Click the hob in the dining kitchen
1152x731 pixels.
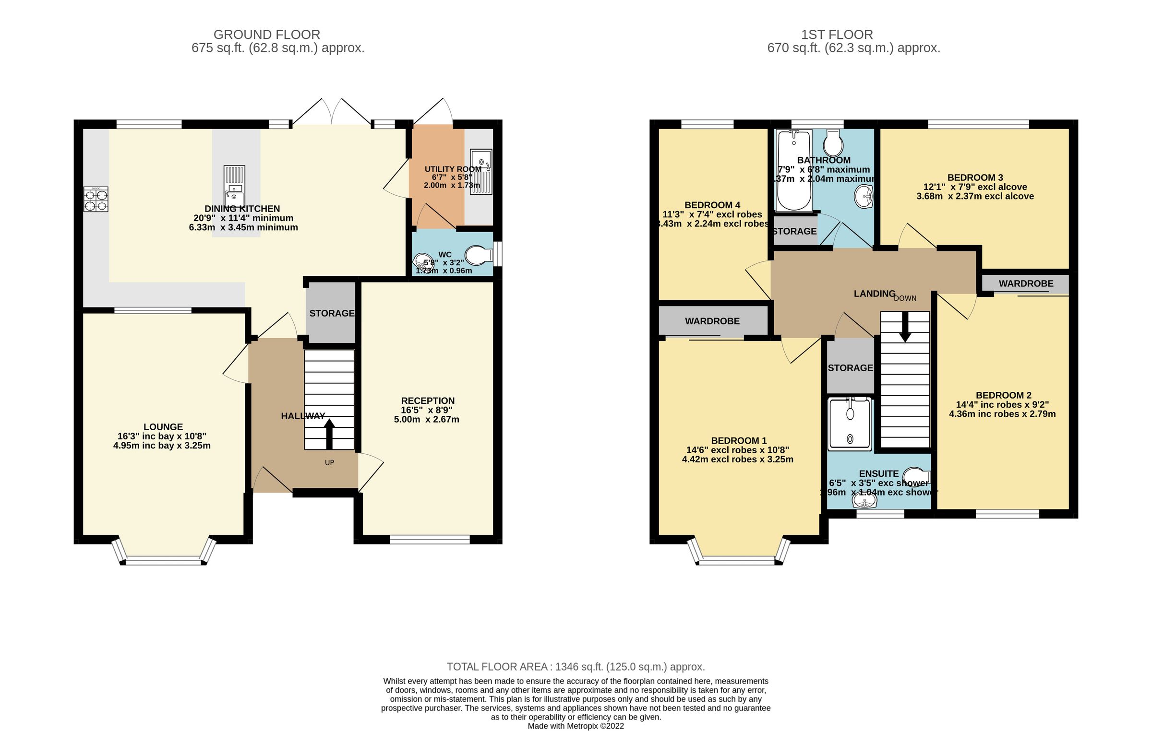(x=96, y=200)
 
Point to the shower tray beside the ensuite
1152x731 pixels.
(x=850, y=424)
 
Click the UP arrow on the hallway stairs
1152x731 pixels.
(x=329, y=434)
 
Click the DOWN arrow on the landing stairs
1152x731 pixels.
(x=905, y=327)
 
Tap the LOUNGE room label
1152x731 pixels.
(x=163, y=427)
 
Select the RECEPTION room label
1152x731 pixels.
(x=428, y=401)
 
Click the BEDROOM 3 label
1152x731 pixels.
(x=975, y=177)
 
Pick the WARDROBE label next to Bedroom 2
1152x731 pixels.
(x=1026, y=283)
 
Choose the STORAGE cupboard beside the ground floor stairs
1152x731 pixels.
(x=331, y=313)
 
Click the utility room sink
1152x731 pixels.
(x=481, y=172)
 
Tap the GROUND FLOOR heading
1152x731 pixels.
(x=267, y=35)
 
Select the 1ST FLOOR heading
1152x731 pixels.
(x=837, y=35)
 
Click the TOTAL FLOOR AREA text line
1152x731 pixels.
(x=576, y=667)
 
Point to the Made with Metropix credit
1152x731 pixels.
(x=576, y=726)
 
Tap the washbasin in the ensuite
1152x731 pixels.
(x=864, y=502)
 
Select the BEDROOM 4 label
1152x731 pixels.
(x=712, y=205)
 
